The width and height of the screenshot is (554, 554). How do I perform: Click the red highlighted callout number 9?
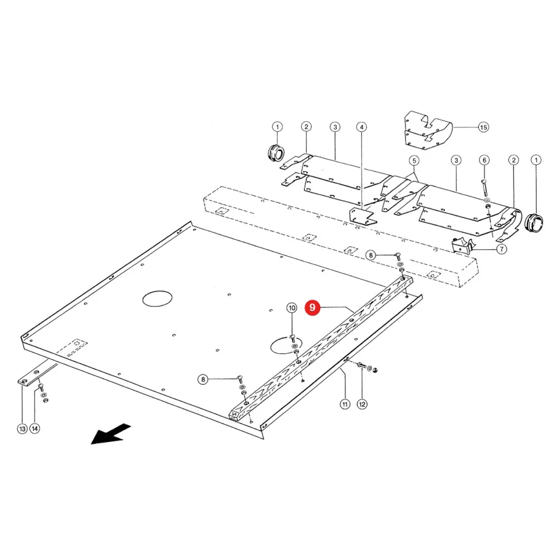click(x=312, y=307)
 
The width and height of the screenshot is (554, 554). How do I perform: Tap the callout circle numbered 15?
click(x=483, y=127)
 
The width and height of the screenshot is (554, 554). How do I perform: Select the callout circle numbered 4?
click(x=361, y=127)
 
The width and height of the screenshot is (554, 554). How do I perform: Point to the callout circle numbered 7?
click(x=502, y=249)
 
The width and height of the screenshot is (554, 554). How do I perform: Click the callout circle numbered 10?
click(x=292, y=308)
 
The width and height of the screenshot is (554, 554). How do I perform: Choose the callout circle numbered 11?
click(x=345, y=404)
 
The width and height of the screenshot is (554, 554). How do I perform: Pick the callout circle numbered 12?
click(x=362, y=404)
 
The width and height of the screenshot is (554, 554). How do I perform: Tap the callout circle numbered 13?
click(x=22, y=428)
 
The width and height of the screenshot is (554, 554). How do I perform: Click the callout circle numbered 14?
click(x=34, y=428)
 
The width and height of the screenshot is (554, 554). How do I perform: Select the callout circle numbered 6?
click(x=484, y=160)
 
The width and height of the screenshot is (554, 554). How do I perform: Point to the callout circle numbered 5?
click(x=414, y=161)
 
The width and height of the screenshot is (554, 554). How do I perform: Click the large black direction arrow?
click(x=111, y=434)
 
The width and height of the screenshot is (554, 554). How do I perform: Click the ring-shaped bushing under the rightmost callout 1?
click(x=533, y=223)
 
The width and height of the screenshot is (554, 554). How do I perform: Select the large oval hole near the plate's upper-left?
click(x=157, y=299)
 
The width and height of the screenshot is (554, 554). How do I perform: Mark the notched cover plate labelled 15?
click(x=428, y=130)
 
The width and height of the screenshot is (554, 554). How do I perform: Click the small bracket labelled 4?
click(x=363, y=216)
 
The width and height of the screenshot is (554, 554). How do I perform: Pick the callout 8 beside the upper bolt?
click(x=371, y=255)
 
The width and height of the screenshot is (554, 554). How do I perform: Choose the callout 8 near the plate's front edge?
click(x=203, y=379)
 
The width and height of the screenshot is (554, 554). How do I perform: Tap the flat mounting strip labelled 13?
click(x=38, y=374)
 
